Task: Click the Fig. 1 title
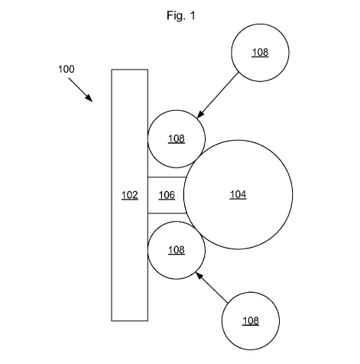(x=181, y=16)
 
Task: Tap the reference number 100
(x=66, y=69)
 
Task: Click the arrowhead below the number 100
(x=89, y=98)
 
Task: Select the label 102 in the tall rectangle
(x=130, y=195)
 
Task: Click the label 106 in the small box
(x=167, y=195)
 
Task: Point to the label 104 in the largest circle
(x=238, y=194)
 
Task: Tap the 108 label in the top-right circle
(x=260, y=53)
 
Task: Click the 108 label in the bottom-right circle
(x=251, y=321)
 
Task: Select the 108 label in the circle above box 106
(x=177, y=139)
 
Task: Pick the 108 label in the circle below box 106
(x=177, y=250)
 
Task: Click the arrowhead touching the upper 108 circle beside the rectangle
(x=201, y=115)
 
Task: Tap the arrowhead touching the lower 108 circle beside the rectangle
(x=199, y=276)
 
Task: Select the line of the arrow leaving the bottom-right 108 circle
(x=212, y=288)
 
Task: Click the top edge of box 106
(x=167, y=177)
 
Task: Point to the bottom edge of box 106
(x=167, y=213)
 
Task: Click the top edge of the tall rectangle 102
(x=130, y=70)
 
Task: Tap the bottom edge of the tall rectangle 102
(x=130, y=320)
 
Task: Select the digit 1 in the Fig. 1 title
(x=193, y=15)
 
